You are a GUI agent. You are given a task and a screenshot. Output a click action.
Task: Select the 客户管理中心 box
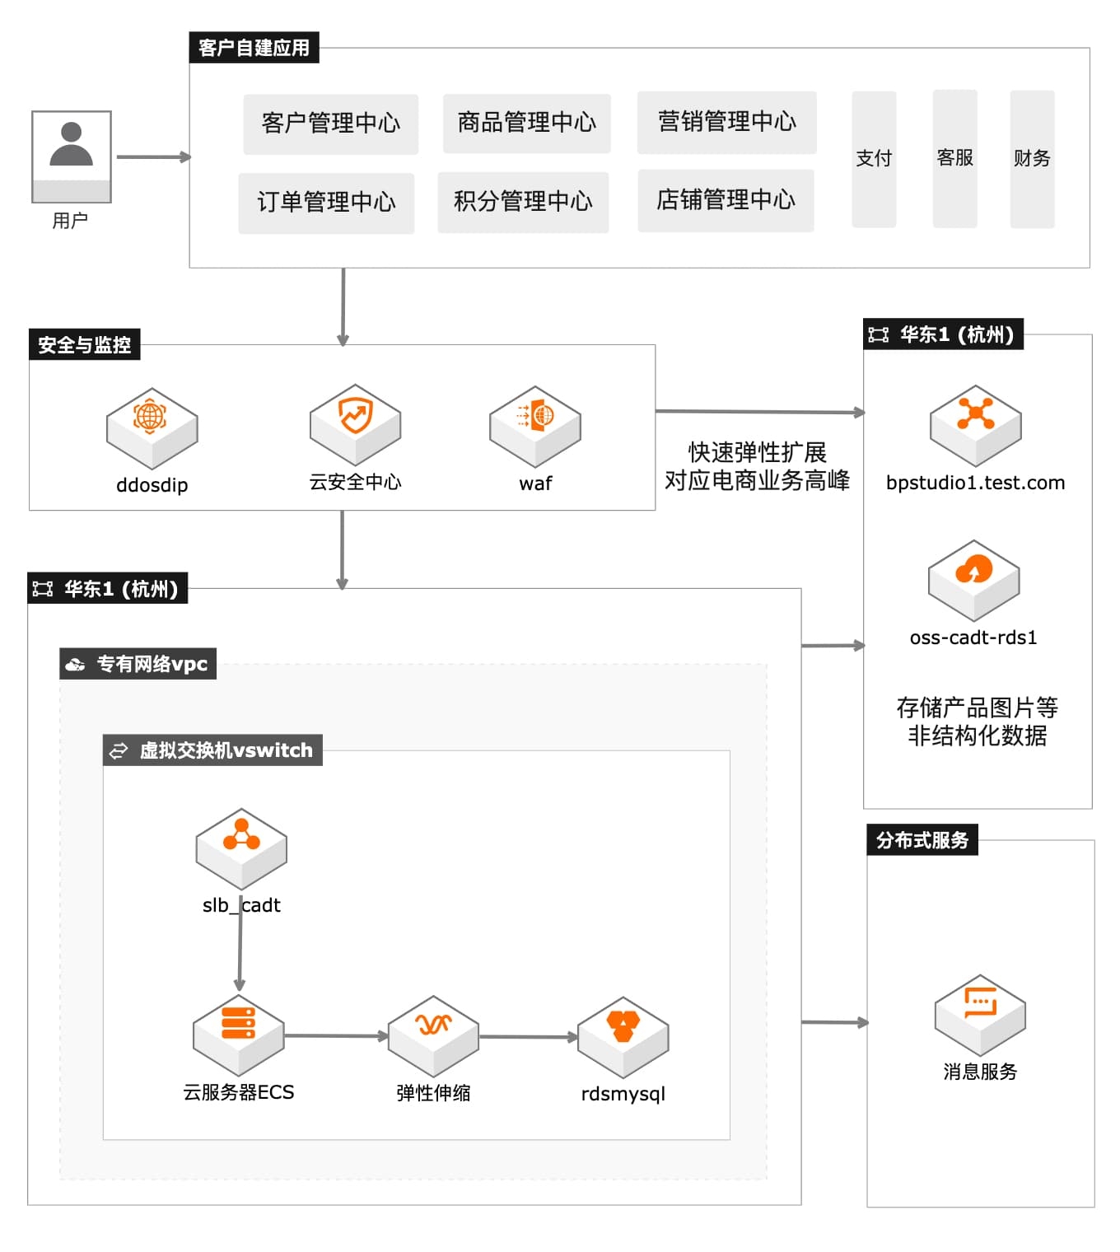pyautogui.click(x=330, y=124)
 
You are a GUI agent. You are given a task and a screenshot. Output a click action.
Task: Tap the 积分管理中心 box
pyautogui.click(x=523, y=202)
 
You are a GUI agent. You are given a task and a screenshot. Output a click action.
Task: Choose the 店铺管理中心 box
pyautogui.click(x=726, y=200)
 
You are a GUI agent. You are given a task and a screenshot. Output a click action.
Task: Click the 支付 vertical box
pyautogui.click(x=874, y=158)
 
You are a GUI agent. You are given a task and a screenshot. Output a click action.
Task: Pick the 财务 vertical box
pyautogui.click(x=1032, y=158)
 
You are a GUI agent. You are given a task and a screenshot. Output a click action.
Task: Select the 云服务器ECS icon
pyautogui.click(x=238, y=1034)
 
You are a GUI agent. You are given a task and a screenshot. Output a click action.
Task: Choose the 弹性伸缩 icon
pyautogui.click(x=433, y=1035)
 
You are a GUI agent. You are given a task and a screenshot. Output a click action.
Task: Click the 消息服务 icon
pyautogui.click(x=979, y=1014)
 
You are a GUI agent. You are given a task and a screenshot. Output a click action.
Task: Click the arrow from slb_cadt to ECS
pyautogui.click(x=240, y=947)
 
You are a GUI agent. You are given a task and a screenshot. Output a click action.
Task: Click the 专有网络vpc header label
pyautogui.click(x=138, y=664)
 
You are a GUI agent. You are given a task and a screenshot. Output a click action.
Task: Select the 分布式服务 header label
pyautogui.click(x=922, y=840)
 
